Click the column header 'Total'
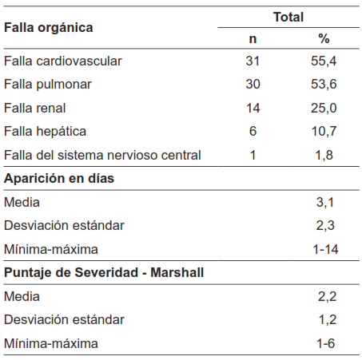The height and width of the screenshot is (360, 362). click(x=288, y=16)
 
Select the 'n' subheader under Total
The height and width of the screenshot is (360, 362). click(x=253, y=39)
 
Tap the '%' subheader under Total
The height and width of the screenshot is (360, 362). click(x=324, y=39)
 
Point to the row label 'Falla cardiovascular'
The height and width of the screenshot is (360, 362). click(x=63, y=61)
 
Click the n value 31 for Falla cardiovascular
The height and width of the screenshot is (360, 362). click(x=253, y=61)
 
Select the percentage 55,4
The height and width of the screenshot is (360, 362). click(x=324, y=61)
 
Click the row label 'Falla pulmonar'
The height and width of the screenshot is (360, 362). click(x=47, y=84)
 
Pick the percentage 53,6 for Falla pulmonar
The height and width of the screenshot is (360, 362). click(x=324, y=84)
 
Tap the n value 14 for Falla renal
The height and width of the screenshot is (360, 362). click(x=253, y=108)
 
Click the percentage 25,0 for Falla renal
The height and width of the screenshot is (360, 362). click(x=324, y=108)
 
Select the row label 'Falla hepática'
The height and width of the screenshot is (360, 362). click(x=46, y=131)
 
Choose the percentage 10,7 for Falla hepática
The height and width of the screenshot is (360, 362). click(x=324, y=131)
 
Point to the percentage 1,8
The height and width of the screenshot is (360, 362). click(x=325, y=155)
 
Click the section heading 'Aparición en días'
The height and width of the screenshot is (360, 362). click(x=59, y=178)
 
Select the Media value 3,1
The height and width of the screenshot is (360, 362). click(x=325, y=202)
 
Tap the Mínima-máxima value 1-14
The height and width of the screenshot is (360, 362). click(x=325, y=249)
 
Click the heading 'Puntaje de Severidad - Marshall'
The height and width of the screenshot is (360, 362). click(x=104, y=273)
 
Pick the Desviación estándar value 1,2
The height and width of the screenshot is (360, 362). click(x=325, y=320)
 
